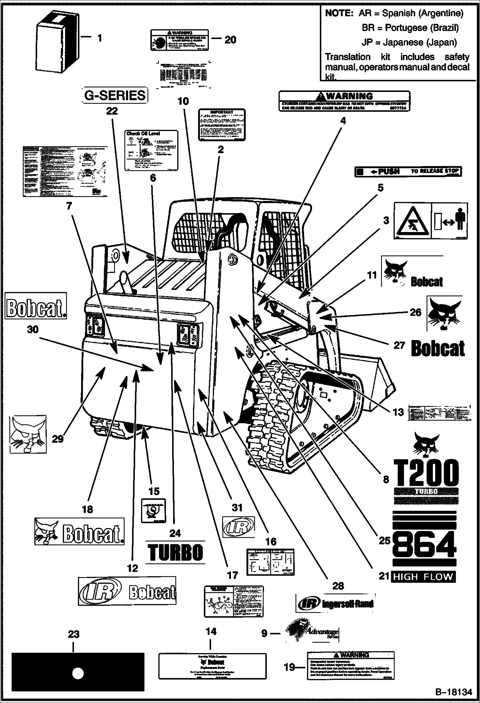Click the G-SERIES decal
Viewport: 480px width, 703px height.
click(x=115, y=95)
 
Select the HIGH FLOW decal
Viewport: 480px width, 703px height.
click(x=423, y=577)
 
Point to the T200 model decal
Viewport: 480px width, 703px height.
click(x=426, y=473)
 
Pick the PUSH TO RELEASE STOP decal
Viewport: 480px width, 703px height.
click(x=408, y=171)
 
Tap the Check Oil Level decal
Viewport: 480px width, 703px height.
click(x=151, y=150)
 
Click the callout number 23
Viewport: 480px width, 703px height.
click(x=74, y=634)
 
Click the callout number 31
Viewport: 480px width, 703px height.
click(x=237, y=508)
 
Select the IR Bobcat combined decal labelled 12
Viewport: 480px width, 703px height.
click(x=127, y=591)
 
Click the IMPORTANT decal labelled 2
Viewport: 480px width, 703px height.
click(x=222, y=125)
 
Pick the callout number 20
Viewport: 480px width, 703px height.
click(x=230, y=40)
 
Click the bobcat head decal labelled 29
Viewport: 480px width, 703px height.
click(x=28, y=434)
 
